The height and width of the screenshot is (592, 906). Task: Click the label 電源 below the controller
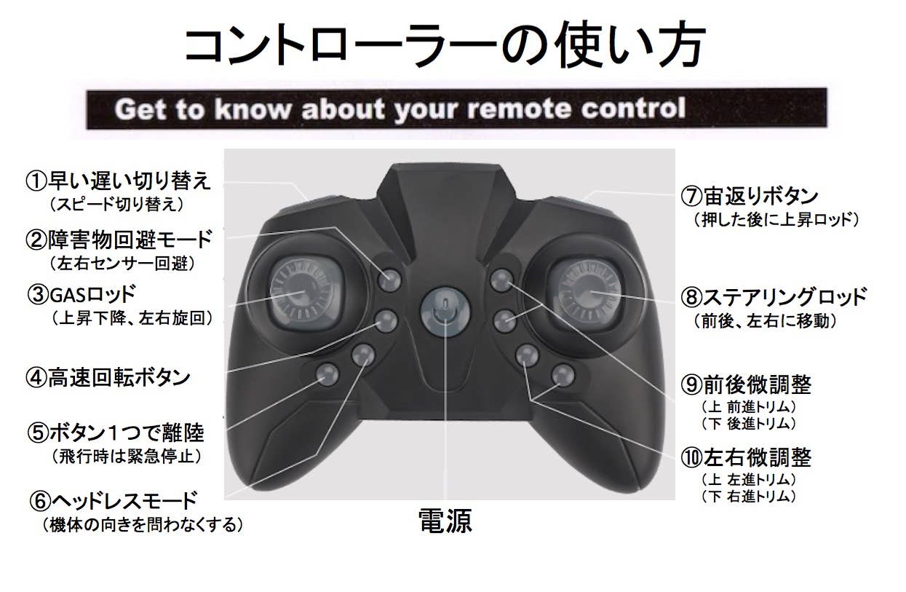[445, 521]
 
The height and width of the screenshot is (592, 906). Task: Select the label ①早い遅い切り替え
[118, 181]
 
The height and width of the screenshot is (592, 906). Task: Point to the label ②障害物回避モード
[119, 240]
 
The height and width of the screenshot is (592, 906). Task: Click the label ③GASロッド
[82, 295]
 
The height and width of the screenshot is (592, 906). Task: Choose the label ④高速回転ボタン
[108, 377]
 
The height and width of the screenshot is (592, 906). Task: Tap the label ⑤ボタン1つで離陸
[116, 433]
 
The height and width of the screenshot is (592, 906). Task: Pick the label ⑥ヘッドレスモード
[114, 500]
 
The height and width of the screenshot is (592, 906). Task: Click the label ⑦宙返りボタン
[750, 197]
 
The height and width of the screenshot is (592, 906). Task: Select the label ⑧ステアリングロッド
[774, 296]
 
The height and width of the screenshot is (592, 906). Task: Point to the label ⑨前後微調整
[746, 384]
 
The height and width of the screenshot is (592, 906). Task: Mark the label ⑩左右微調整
[746, 458]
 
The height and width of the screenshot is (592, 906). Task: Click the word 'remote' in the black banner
[519, 108]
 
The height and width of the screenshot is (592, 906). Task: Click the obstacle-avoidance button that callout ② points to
[389, 280]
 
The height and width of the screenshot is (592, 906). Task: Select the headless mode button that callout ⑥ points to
[363, 355]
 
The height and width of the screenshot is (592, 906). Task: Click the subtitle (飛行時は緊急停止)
[126, 457]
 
